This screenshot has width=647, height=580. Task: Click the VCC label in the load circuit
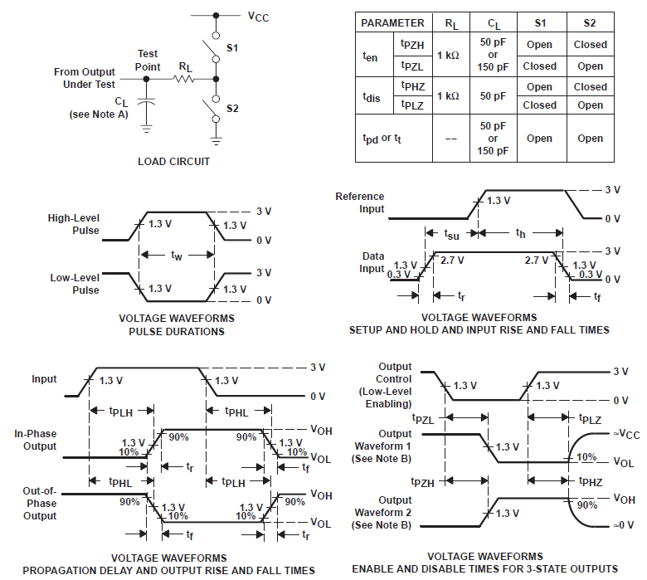(x=260, y=15)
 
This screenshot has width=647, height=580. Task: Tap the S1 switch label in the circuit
(x=233, y=49)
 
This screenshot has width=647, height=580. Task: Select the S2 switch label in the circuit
(x=233, y=109)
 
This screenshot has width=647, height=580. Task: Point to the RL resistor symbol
(x=183, y=80)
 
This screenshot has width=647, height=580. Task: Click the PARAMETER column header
(x=393, y=23)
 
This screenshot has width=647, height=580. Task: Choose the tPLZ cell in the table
(x=411, y=105)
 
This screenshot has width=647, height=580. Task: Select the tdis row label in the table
(x=372, y=96)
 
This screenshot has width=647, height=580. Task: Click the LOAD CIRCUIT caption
(x=173, y=161)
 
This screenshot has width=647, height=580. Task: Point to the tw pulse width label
(x=177, y=256)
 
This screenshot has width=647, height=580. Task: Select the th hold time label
(x=520, y=234)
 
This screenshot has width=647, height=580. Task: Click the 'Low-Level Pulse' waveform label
(x=74, y=285)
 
